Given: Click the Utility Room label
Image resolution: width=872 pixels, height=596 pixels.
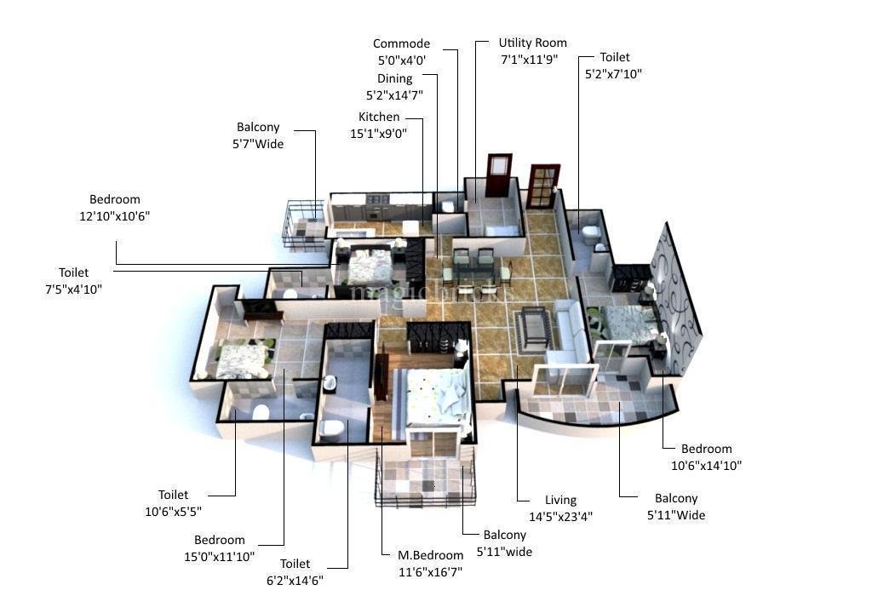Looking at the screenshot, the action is [x=532, y=43].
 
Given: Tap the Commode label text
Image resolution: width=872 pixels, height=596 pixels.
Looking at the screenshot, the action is [x=401, y=43].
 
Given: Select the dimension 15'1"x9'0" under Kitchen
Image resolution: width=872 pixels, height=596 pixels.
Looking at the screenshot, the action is [x=378, y=134].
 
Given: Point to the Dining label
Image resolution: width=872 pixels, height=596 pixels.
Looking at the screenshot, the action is [x=395, y=78].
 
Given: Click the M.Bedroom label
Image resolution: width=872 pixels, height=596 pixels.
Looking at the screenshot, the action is [x=430, y=555].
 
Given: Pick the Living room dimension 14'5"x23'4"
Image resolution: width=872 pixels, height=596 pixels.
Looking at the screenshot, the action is [x=560, y=517].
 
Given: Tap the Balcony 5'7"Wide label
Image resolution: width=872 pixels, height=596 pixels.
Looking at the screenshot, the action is [x=258, y=135].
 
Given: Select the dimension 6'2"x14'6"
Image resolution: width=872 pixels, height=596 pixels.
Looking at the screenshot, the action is [x=295, y=581].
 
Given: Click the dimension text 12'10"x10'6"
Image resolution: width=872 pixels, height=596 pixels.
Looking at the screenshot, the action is [x=115, y=216].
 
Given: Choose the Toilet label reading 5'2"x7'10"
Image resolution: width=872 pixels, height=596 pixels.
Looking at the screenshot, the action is [x=614, y=65].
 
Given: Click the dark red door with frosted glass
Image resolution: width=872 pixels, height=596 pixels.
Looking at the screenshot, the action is [x=499, y=175].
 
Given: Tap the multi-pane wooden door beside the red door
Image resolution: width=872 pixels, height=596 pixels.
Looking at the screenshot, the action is [x=542, y=186].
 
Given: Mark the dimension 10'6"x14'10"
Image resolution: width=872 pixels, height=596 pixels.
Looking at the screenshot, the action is [x=706, y=466].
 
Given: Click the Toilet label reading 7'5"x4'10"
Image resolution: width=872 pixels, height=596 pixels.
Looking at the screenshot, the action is [x=74, y=281].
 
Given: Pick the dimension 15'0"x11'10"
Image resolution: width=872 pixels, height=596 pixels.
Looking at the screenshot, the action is [x=220, y=557].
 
